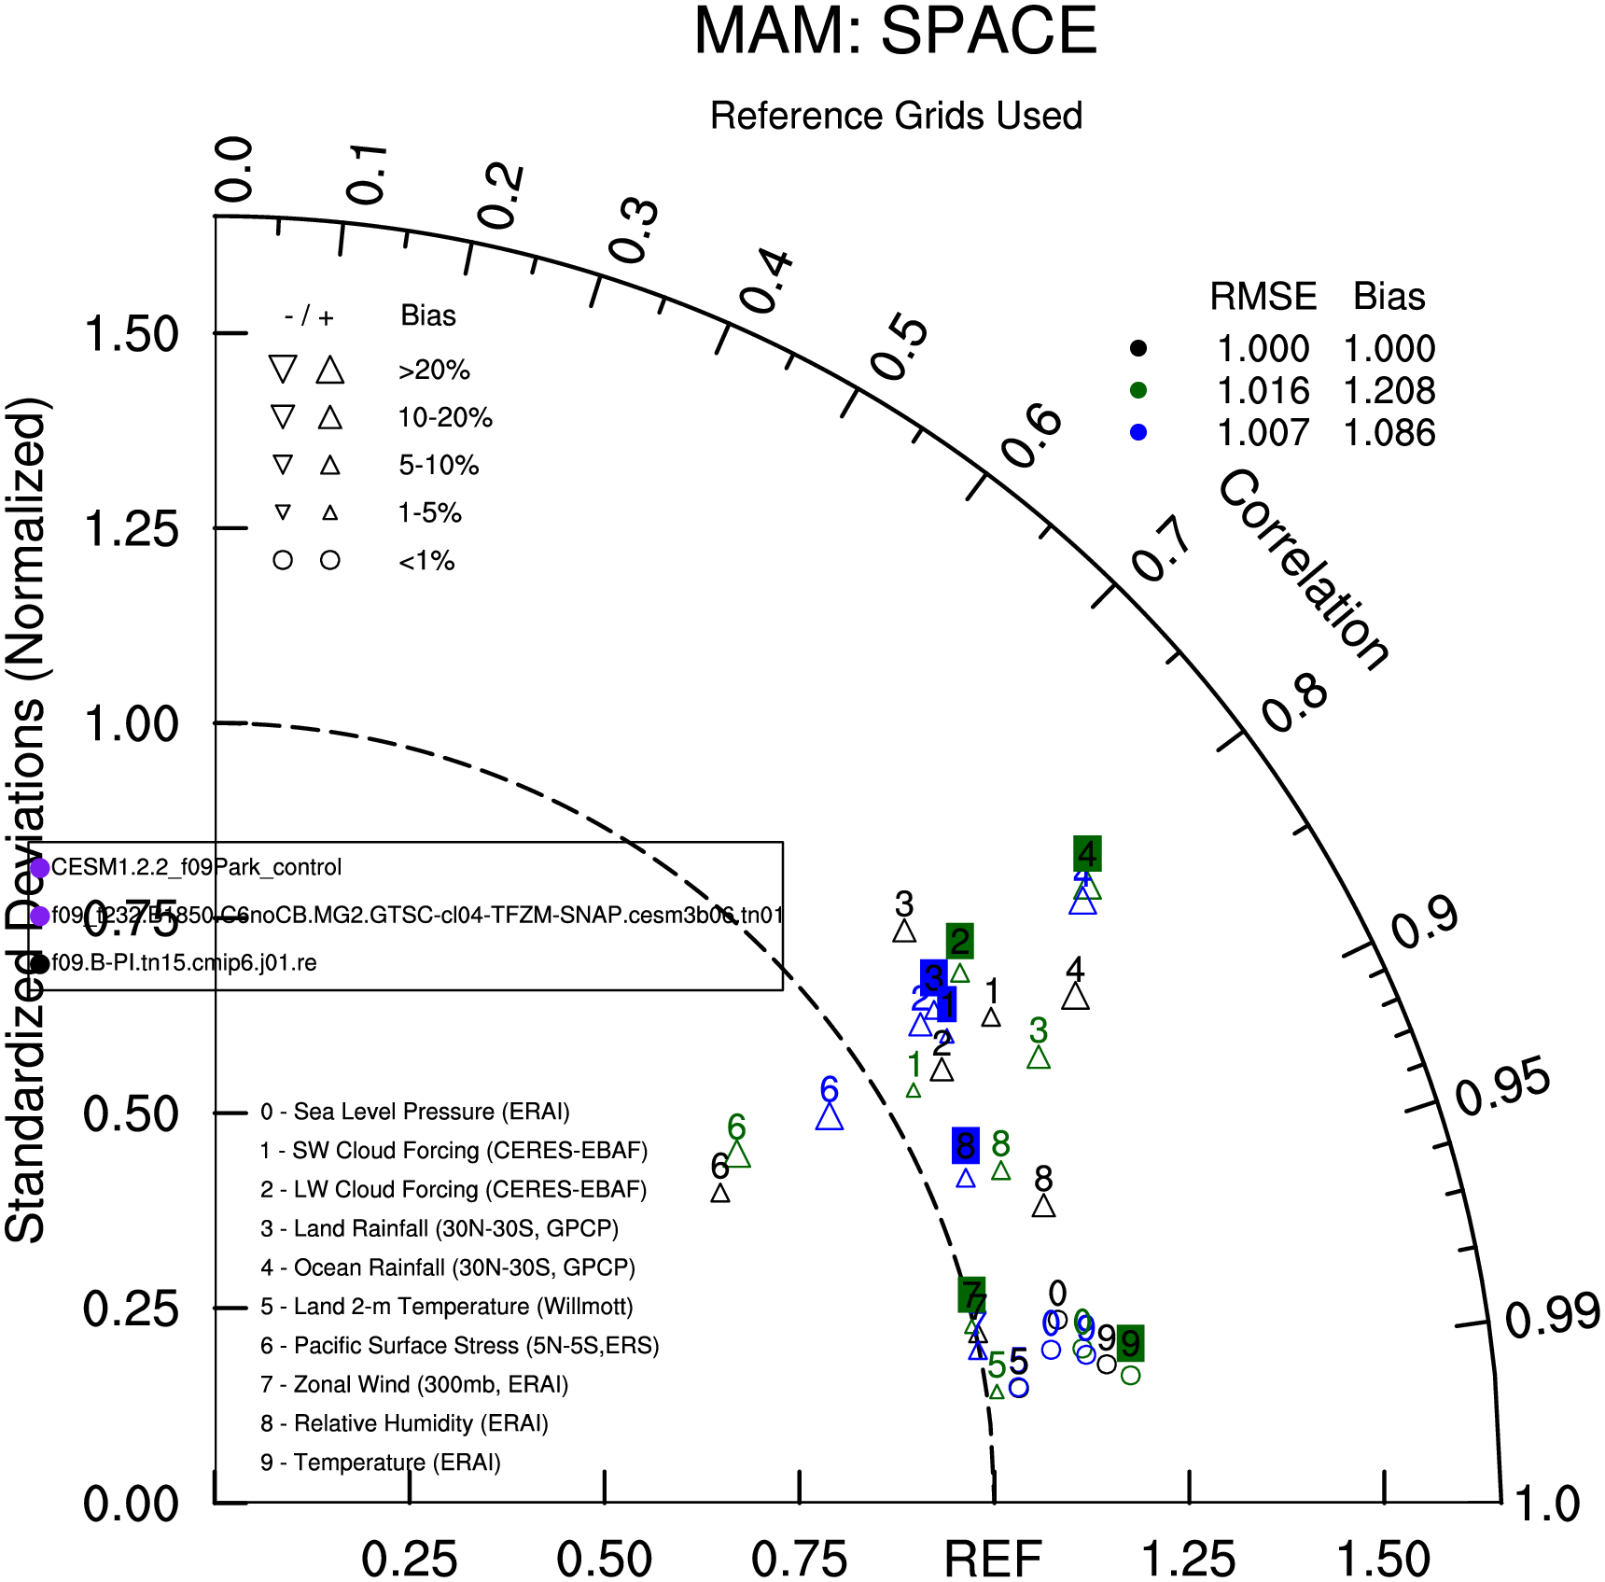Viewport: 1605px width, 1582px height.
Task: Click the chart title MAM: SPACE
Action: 895,32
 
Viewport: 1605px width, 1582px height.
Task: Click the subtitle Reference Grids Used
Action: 896,116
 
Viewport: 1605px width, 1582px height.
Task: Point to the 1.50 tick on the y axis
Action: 132,334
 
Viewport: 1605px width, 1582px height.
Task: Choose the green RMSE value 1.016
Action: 1263,391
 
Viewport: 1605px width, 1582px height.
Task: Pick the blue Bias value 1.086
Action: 1389,433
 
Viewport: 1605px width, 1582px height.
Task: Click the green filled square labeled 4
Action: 1087,853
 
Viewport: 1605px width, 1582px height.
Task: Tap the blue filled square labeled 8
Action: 966,1145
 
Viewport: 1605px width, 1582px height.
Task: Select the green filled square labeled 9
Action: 1130,1343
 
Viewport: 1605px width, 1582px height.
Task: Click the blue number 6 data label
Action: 829,1089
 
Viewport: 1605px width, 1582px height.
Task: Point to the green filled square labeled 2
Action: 959,941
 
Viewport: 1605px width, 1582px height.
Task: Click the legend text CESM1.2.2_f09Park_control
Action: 196,867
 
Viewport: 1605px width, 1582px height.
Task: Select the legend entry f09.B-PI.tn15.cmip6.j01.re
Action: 184,962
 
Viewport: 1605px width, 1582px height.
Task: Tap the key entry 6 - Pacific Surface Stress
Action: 460,1345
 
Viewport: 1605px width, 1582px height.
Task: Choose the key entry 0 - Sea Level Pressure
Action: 415,1112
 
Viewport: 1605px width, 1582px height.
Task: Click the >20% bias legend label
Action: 434,371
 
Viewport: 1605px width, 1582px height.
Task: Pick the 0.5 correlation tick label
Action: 900,348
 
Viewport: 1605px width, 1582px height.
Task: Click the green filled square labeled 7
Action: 971,1295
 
